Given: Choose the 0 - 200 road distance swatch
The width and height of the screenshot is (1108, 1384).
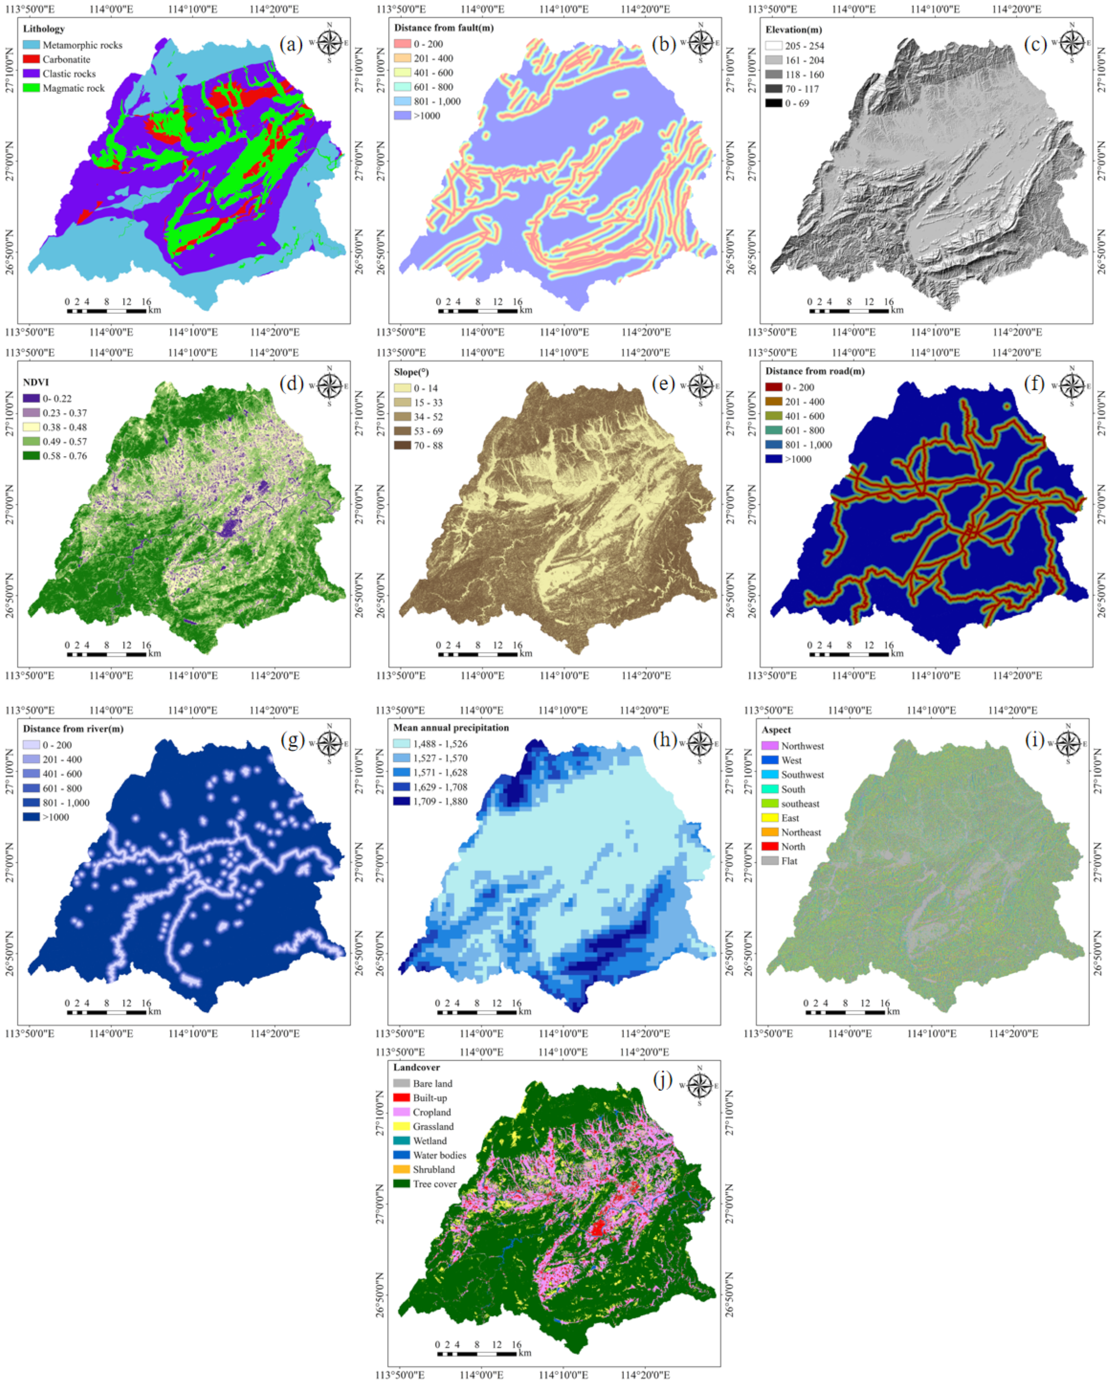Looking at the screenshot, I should pos(773,387).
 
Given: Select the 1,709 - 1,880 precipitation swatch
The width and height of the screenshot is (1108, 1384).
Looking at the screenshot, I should pos(402,801).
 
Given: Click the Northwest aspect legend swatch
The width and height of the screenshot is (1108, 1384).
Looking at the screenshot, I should pos(770,746).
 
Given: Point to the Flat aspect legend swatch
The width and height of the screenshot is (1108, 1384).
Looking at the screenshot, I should pos(770,861).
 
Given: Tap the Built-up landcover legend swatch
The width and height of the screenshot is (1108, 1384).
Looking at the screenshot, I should pos(402,1098).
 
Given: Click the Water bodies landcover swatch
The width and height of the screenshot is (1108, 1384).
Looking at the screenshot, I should pos(402,1155).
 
